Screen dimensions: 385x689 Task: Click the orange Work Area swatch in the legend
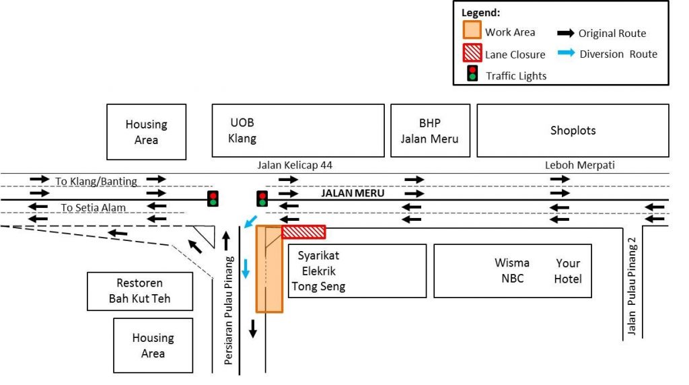pos(472,31)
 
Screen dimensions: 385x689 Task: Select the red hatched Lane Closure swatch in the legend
pos(472,53)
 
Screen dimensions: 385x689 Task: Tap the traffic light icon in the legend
pos(472,73)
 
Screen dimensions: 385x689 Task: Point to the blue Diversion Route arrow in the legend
pos(566,54)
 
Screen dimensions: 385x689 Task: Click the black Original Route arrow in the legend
pos(566,32)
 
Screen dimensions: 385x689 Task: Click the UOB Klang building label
pos(244,131)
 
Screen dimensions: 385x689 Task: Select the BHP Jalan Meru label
pos(429,131)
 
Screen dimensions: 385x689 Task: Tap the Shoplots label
pos(573,131)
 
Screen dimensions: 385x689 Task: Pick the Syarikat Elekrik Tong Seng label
pos(318,271)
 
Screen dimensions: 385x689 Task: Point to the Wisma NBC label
pos(511,270)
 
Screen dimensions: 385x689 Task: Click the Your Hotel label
pos(568,270)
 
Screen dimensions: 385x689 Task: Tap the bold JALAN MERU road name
pos(353,193)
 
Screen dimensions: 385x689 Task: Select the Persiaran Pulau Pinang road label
pos(229,310)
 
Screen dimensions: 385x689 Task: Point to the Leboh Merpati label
pos(579,165)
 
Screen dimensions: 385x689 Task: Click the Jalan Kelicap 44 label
pos(295,165)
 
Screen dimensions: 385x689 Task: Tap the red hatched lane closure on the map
pos(303,232)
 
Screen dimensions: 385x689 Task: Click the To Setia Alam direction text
pos(94,207)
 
